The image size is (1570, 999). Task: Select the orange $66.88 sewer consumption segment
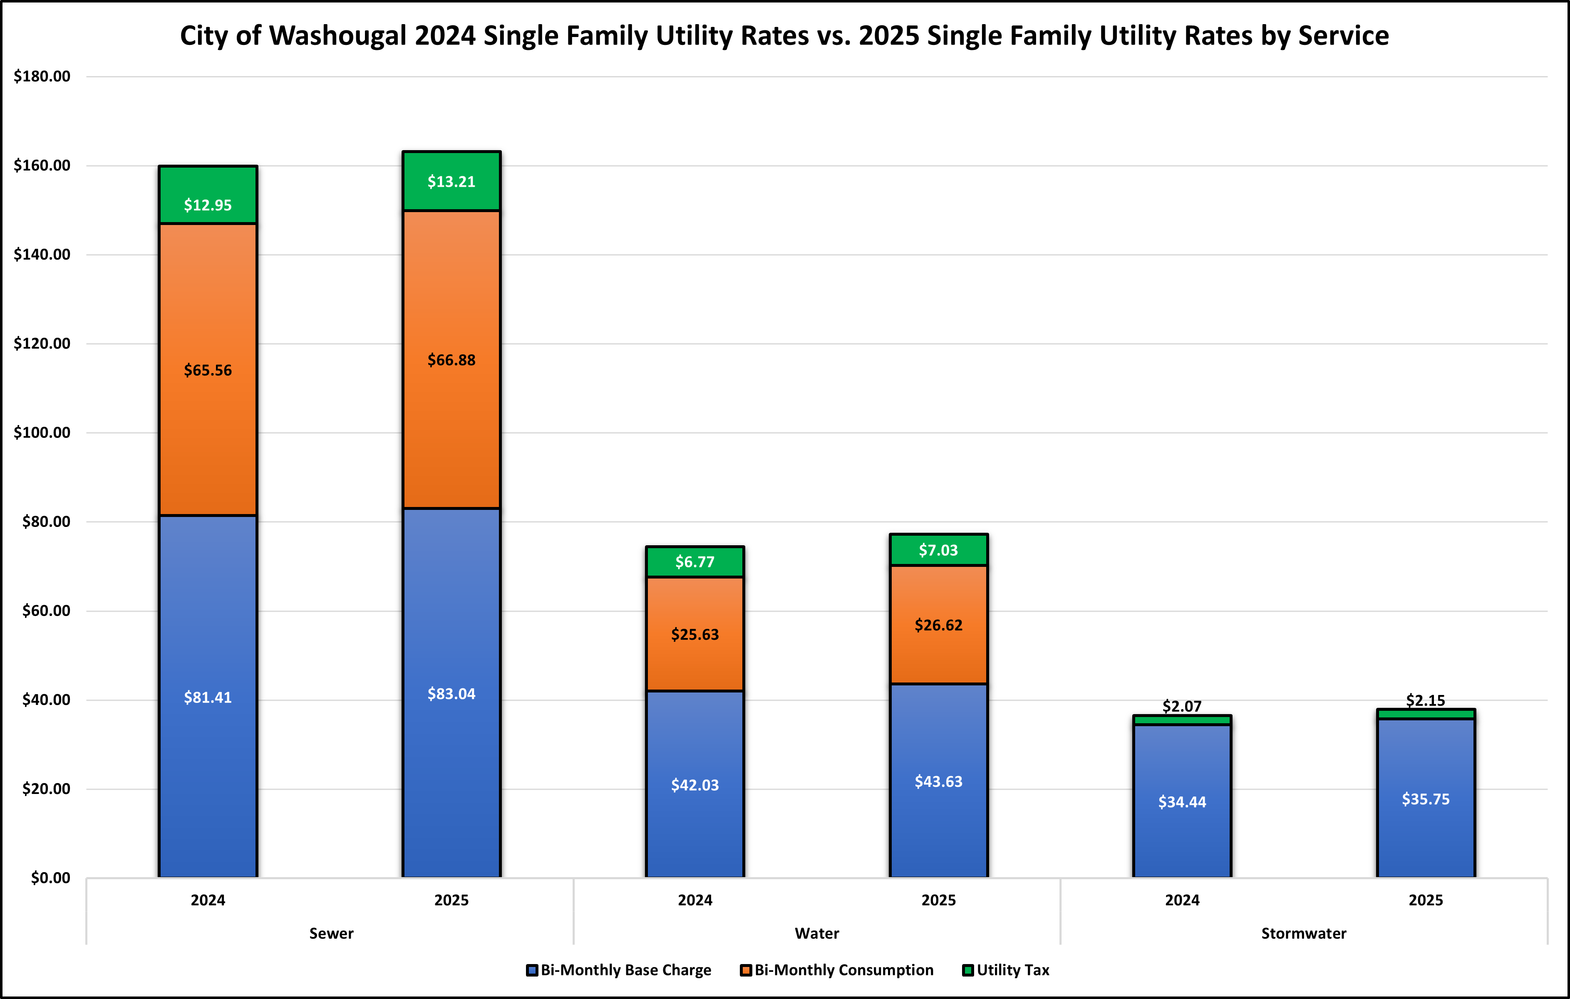point(451,360)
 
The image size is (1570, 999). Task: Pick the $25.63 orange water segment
point(694,634)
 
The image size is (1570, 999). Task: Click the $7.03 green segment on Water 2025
point(938,550)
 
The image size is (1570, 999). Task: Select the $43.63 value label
point(938,781)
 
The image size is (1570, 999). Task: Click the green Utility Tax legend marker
point(968,970)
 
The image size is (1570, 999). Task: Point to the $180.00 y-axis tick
point(42,76)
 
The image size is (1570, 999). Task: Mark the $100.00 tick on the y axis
point(42,433)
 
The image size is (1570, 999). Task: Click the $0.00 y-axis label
point(50,878)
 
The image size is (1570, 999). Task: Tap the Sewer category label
point(331,933)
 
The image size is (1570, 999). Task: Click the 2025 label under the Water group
point(938,900)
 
